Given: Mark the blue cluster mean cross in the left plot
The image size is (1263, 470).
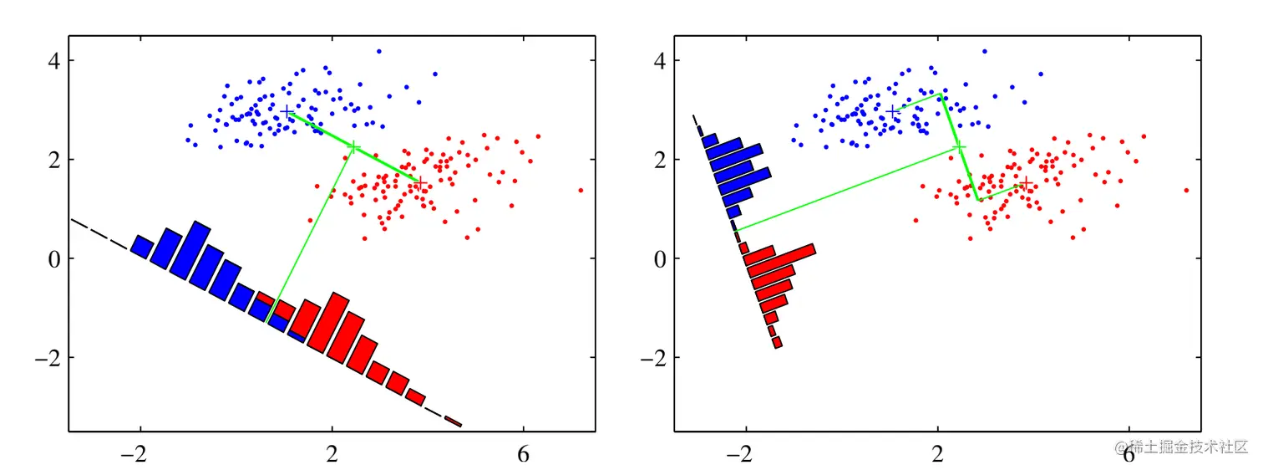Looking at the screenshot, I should pyautogui.click(x=287, y=111).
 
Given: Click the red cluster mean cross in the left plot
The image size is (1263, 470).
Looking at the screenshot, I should pyautogui.click(x=421, y=183).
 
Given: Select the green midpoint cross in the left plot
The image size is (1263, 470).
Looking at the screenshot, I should pyautogui.click(x=353, y=147).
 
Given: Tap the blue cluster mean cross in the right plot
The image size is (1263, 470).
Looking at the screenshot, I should pyautogui.click(x=893, y=111).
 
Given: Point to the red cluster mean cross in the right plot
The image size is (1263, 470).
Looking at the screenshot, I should pyautogui.click(x=1027, y=183).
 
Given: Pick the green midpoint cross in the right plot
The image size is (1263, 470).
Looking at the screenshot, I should pyautogui.click(x=959, y=147).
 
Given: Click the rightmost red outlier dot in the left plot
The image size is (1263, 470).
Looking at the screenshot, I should pyautogui.click(x=581, y=191).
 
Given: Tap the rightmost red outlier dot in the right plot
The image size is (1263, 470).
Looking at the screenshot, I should pyautogui.click(x=1186, y=191).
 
